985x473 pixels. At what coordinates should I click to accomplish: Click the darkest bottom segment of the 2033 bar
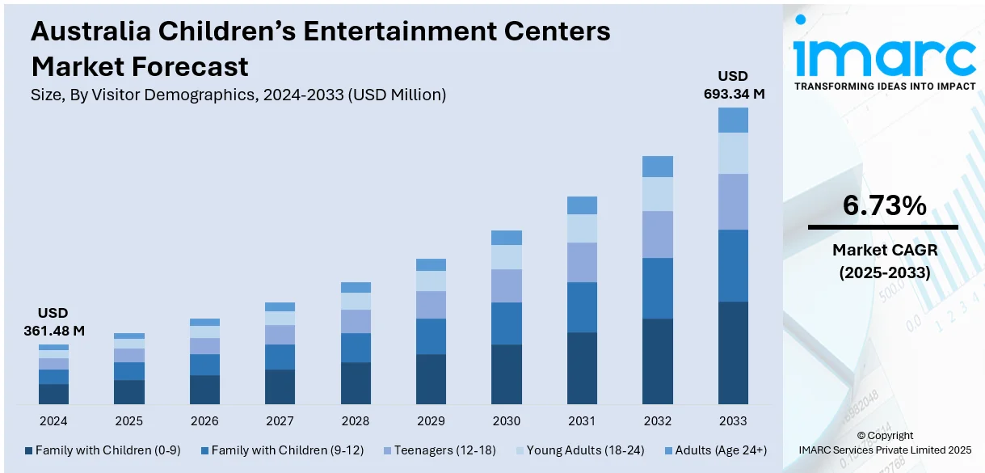[733, 353]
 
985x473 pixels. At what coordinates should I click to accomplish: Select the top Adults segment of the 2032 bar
[657, 167]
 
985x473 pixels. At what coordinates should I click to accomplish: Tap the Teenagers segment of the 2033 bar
[733, 201]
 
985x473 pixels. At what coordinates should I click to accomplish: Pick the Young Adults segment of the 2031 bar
[582, 228]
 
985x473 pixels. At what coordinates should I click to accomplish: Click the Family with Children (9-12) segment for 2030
[507, 323]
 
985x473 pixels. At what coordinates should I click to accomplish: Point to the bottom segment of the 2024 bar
[53, 394]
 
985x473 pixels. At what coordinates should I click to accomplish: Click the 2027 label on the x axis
[280, 421]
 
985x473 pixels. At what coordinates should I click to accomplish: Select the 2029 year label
[431, 421]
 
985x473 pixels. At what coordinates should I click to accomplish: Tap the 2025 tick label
[128, 421]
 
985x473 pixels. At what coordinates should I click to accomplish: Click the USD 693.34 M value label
[734, 85]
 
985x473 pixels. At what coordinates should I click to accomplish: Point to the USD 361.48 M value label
[53, 322]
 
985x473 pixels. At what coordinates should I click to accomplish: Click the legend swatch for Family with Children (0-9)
[29, 450]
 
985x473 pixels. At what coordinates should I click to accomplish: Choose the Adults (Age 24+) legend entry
[716, 450]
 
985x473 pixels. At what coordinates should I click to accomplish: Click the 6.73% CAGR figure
[884, 206]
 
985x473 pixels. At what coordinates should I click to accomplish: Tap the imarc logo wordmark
[885, 55]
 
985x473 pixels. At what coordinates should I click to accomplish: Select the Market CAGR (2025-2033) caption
[884, 262]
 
